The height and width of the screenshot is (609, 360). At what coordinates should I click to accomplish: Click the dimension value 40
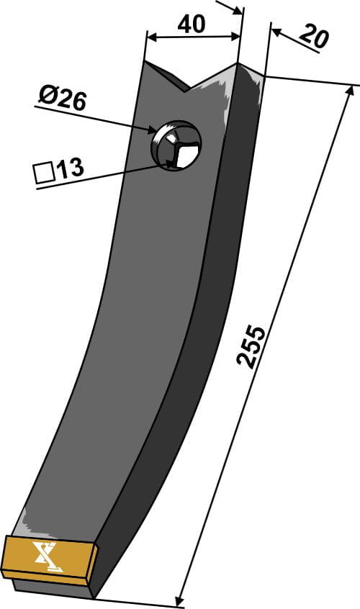tap(191, 24)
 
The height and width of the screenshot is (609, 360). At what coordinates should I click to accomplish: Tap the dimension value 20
tap(313, 37)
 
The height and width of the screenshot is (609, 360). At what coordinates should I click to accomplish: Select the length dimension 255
tap(252, 348)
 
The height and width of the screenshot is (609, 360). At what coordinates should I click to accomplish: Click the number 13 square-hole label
tap(70, 169)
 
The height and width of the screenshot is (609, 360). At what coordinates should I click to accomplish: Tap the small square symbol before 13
tap(43, 173)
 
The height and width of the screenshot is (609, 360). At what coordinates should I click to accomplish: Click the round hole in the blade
tap(176, 145)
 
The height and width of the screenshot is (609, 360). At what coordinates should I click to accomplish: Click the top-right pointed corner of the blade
tap(238, 63)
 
